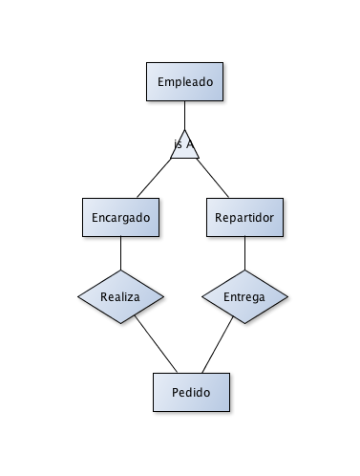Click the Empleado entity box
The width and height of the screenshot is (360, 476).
click(184, 80)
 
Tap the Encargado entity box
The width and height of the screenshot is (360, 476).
click(120, 217)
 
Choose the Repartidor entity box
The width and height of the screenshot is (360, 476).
click(245, 217)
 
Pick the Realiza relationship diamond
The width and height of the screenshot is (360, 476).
click(120, 296)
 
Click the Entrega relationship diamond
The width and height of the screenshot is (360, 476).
click(245, 296)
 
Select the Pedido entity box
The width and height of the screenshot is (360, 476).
click(192, 392)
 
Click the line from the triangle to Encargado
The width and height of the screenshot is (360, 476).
click(153, 178)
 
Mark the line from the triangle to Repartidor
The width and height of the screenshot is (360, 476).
click(216, 178)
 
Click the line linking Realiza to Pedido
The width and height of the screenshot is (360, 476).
click(155, 344)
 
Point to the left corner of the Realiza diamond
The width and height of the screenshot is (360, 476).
click(78, 296)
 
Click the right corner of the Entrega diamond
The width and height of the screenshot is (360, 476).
click(288, 296)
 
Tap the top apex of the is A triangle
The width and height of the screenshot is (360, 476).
click(184, 128)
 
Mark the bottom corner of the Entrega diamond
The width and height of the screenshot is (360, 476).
click(245, 323)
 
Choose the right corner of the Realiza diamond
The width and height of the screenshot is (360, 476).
click(162, 296)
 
